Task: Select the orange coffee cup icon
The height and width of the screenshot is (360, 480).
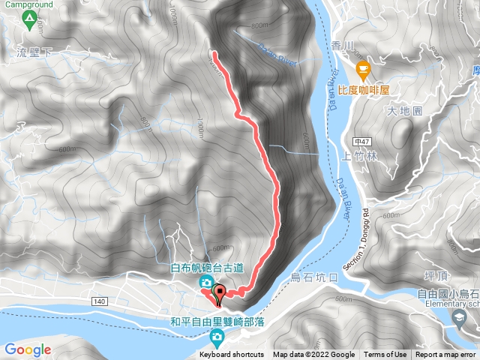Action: coord(364,71)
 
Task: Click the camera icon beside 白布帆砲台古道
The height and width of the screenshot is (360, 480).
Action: coord(205,282)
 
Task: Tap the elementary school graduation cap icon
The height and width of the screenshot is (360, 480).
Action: coord(457,318)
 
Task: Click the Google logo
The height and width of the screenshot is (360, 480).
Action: coord(27,349)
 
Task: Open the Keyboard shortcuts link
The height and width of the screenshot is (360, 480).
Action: coord(232,355)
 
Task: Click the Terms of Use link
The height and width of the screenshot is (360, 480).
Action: coord(385,355)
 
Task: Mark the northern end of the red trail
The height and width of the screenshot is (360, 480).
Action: coord(214,53)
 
